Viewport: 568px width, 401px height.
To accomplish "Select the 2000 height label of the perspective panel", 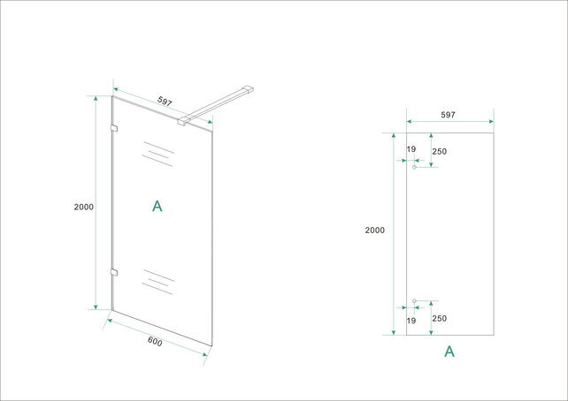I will [x=83, y=207].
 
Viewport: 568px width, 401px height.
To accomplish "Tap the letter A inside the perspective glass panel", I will [x=157, y=207].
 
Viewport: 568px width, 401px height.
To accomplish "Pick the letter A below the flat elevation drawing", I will [x=449, y=352].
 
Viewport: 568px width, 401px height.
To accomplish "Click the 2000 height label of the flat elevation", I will [x=374, y=231].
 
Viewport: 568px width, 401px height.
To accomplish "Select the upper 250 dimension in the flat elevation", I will [x=440, y=151].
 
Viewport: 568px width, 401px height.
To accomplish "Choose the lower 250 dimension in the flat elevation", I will [x=440, y=319].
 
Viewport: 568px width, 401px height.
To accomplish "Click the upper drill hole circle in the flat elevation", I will [x=414, y=168].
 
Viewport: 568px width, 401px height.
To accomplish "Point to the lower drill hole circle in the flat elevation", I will [x=414, y=300].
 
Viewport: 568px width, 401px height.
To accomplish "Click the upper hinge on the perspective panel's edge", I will [x=112, y=131].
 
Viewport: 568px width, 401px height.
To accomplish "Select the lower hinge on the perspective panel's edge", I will [x=112, y=270].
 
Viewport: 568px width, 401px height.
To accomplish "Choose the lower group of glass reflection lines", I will [x=156, y=279].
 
